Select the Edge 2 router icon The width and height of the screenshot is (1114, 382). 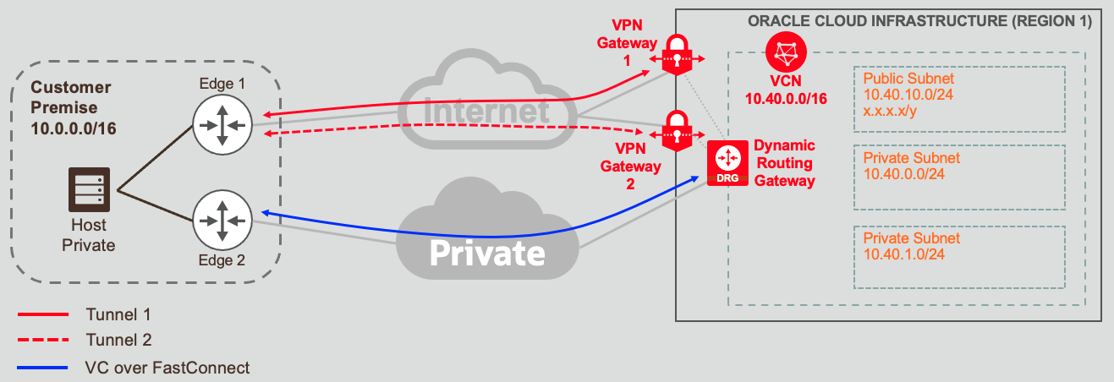click(x=219, y=220)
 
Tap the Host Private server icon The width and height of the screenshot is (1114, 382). click(x=88, y=191)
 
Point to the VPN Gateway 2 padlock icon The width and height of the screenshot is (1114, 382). click(x=677, y=130)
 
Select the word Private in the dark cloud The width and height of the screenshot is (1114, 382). click(x=486, y=252)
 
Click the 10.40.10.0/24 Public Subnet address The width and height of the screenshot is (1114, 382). click(x=908, y=94)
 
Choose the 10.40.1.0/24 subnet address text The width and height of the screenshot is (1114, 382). click(x=905, y=254)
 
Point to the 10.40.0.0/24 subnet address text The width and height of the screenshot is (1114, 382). click(x=905, y=174)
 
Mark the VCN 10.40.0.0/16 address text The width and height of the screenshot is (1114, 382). click(x=785, y=99)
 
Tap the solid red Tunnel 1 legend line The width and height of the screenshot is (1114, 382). click(x=42, y=314)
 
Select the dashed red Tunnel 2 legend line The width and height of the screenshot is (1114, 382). click(x=42, y=341)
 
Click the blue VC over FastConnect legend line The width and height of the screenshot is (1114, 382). click(x=42, y=368)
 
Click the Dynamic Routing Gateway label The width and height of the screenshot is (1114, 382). click(x=784, y=162)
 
